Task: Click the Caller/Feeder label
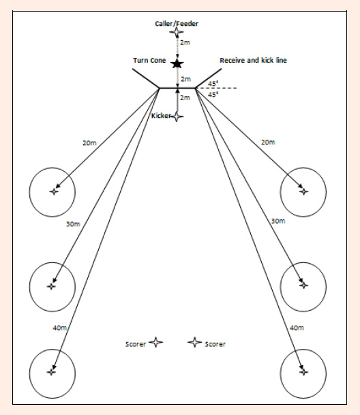[x=177, y=24]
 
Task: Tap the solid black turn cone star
[x=177, y=64]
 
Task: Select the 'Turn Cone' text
[x=149, y=61]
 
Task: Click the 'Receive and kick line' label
[x=253, y=61]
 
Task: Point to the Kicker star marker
[x=177, y=117]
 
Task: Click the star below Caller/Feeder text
[x=177, y=32]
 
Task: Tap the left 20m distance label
[x=89, y=143]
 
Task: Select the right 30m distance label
[x=278, y=221]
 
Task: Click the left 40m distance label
[x=59, y=328]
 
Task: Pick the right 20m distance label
[x=268, y=142]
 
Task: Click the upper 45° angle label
[x=213, y=84]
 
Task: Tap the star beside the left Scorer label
[x=155, y=342]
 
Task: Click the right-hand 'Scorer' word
[x=215, y=344]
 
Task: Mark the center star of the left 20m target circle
[x=54, y=191]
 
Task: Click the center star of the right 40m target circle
[x=303, y=372]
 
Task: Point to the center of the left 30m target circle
[x=51, y=286]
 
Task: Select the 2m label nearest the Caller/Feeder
[x=185, y=42]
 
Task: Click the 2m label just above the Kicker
[x=185, y=97]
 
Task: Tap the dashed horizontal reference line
[x=216, y=88]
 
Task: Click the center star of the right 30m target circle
[x=303, y=285]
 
